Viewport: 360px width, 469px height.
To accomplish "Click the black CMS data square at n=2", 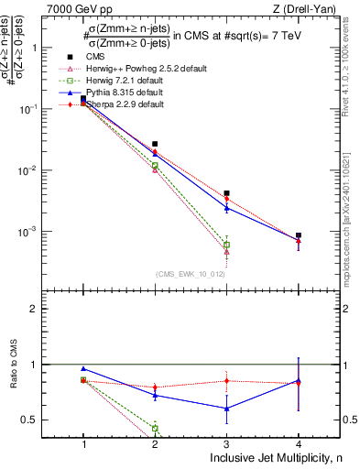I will pos(155,144).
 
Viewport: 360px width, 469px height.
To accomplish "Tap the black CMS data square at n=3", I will pos(226,193).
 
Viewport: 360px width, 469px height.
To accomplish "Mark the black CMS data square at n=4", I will pos(299,235).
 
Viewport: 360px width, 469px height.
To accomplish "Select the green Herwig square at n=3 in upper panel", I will pos(226,245).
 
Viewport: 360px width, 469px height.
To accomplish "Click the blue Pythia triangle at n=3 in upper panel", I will pos(226,208).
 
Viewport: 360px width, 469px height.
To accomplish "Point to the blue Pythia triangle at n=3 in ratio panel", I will pos(226,409).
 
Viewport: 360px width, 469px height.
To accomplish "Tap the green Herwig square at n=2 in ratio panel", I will pos(155,428).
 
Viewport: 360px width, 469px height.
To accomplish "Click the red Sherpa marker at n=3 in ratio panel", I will pos(226,380).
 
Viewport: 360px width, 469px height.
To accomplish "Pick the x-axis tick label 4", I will pos(299,442).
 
